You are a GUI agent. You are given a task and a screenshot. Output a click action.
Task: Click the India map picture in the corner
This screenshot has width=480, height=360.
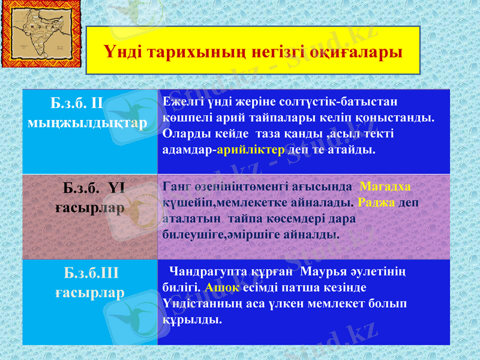37,37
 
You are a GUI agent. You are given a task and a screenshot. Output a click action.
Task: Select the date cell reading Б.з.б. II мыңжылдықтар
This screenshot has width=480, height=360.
89,113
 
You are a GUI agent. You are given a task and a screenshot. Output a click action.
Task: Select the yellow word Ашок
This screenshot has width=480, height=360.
222,287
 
